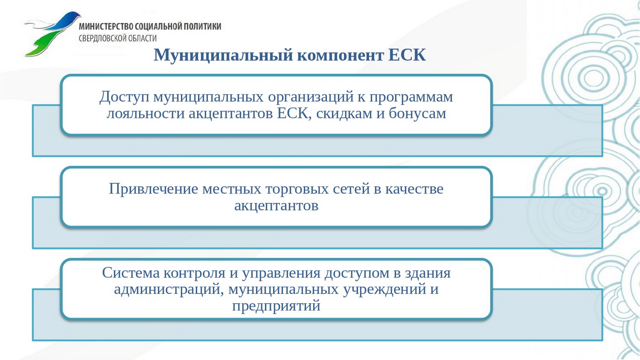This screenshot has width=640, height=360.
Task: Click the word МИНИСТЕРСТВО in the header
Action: (106, 26)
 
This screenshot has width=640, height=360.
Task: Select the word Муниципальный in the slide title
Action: (223, 55)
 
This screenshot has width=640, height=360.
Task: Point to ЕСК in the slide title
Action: (407, 54)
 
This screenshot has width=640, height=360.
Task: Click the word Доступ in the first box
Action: (124, 97)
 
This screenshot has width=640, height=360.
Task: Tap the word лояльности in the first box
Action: (145, 113)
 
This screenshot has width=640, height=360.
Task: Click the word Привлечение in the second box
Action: (153, 189)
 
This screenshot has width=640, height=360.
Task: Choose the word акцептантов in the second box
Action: (276, 206)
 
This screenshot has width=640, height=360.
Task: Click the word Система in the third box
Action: (131, 273)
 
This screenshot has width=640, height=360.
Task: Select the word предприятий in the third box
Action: (276, 306)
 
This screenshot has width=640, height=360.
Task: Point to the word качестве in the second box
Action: (414, 189)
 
